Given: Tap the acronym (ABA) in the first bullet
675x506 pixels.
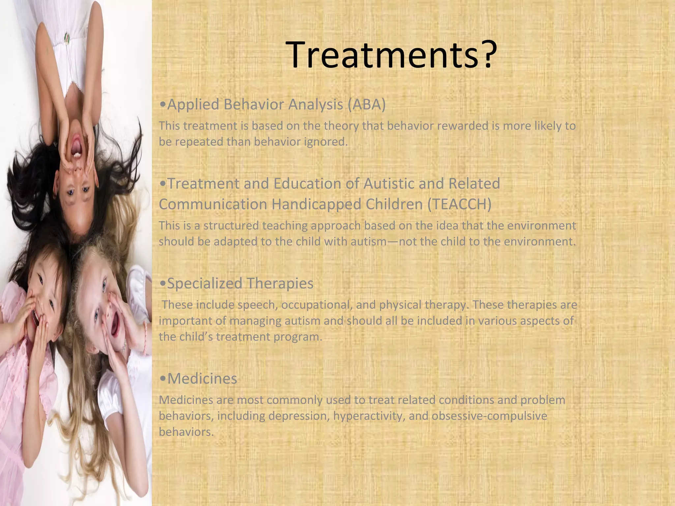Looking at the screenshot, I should click(366, 104).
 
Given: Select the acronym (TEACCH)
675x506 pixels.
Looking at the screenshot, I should click(459, 204).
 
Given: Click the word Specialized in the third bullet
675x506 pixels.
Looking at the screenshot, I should click(205, 283).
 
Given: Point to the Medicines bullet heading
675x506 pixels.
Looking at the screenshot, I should click(202, 379).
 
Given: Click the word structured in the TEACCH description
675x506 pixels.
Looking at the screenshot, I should click(231, 226).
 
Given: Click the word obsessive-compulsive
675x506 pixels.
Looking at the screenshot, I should click(489, 416).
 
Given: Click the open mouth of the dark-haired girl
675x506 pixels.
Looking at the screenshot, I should click(76, 145).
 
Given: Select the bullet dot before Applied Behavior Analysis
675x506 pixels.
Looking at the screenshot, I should click(162, 105).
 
